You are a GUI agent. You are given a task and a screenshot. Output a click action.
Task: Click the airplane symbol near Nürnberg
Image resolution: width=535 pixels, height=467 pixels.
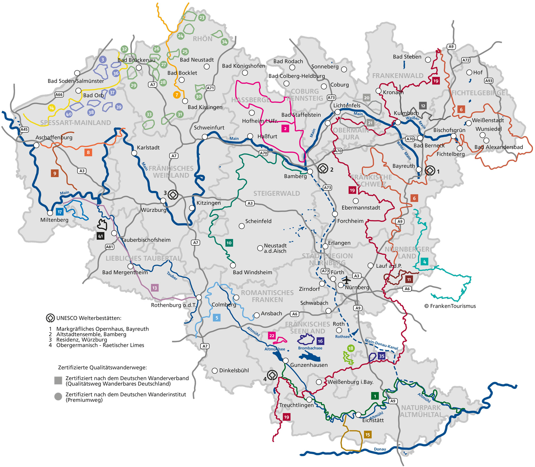[x=346, y=280]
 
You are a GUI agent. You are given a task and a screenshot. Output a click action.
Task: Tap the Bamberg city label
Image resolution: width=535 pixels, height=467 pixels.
[x=295, y=176]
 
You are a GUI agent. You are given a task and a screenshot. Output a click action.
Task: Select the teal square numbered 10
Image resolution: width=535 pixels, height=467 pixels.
[x=229, y=243]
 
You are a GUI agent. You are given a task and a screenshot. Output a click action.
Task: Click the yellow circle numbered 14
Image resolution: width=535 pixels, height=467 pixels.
[x=51, y=108]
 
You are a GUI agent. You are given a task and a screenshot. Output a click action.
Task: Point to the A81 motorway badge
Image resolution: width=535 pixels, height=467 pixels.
[x=110, y=247]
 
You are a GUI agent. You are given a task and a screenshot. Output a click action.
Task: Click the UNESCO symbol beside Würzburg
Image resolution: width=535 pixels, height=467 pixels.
[x=173, y=195]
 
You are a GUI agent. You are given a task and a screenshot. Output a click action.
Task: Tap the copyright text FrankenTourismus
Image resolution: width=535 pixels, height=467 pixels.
[x=450, y=306]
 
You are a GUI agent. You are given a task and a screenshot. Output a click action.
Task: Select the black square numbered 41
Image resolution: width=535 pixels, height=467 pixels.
[x=100, y=236]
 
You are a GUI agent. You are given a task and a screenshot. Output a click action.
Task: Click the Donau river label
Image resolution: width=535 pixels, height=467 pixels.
[x=380, y=449]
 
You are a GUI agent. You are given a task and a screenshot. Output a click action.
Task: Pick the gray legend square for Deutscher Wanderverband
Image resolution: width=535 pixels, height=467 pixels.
[x=58, y=381]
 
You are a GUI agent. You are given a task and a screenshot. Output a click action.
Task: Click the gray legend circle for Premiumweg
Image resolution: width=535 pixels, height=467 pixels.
[x=58, y=397]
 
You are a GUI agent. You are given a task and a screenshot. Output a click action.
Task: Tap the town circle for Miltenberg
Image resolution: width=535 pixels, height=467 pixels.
[x=50, y=213]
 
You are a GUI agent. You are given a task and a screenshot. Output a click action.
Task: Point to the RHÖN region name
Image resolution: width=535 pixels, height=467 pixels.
[x=202, y=39]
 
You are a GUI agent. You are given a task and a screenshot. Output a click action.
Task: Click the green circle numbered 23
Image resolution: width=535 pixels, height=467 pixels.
[x=202, y=18]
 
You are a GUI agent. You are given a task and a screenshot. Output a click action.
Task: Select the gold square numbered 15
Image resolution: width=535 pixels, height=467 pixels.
[x=368, y=435]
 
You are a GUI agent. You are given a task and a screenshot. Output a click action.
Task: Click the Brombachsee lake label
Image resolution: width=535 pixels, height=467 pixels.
[x=310, y=348]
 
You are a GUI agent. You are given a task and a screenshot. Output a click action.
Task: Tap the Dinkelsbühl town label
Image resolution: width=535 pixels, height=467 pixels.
[x=234, y=370]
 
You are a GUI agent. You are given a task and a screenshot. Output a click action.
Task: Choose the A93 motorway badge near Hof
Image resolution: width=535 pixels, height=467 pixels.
[x=489, y=81]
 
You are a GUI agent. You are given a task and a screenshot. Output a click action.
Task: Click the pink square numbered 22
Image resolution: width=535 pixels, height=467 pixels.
[x=272, y=336]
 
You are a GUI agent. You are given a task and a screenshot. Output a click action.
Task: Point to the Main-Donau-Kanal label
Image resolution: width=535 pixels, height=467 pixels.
[x=381, y=344]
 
